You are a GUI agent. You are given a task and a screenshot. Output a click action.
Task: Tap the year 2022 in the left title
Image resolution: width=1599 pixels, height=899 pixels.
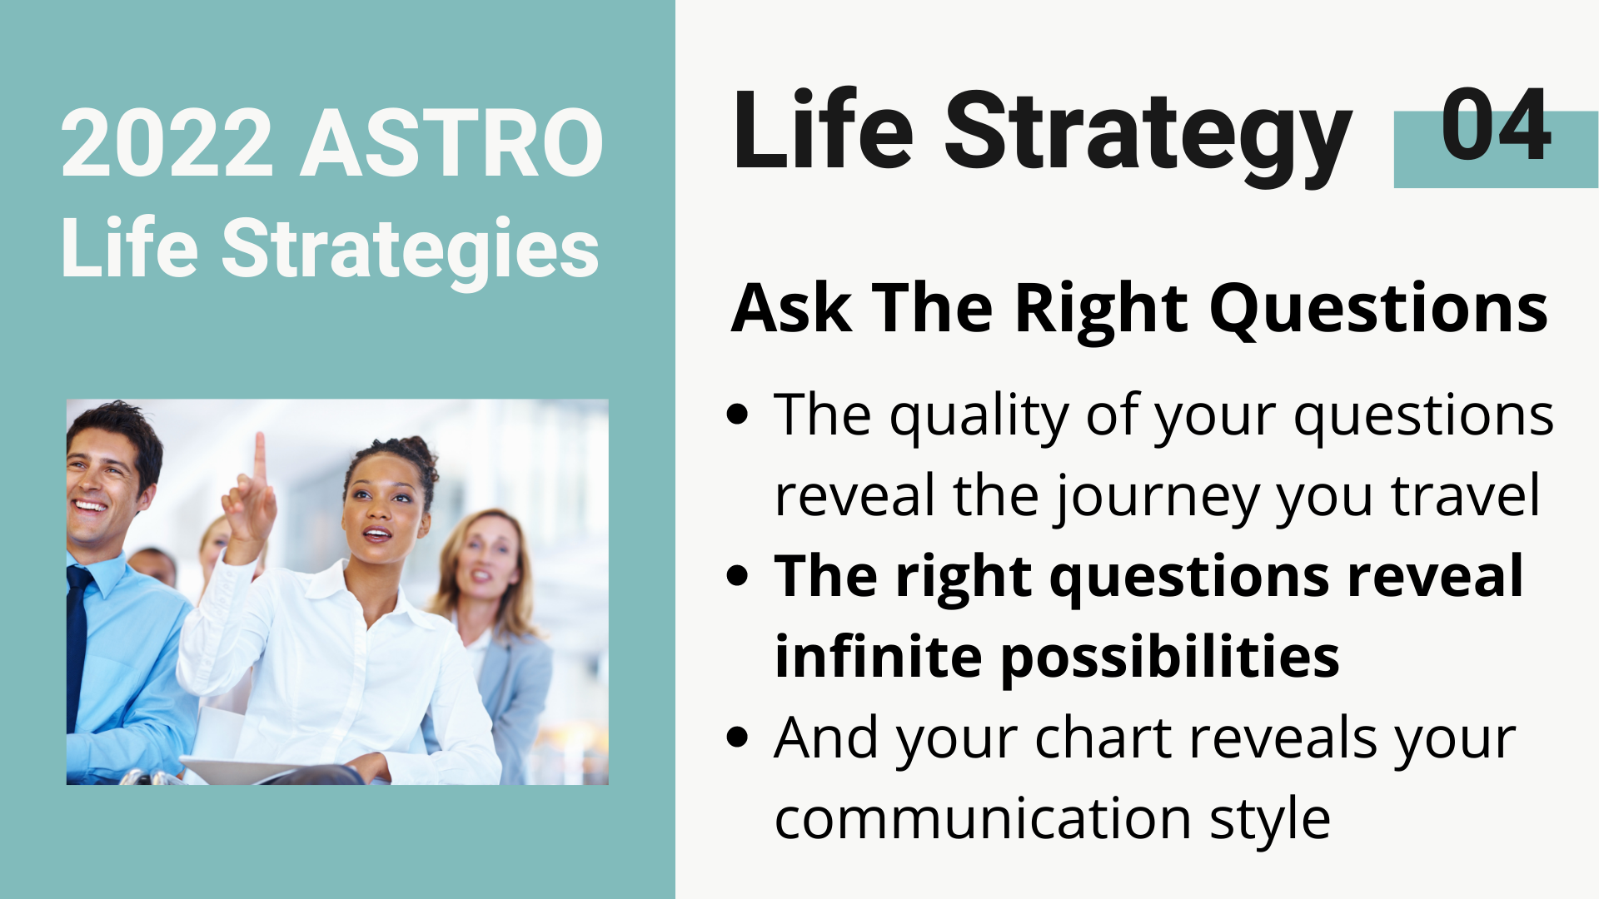click(x=167, y=143)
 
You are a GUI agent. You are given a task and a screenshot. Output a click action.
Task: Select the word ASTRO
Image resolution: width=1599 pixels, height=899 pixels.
click(x=451, y=143)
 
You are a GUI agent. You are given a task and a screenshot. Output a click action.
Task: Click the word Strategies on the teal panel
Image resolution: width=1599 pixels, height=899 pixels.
click(x=410, y=248)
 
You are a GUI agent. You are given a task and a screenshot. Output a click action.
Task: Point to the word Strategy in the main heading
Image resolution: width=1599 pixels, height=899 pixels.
click(x=1148, y=133)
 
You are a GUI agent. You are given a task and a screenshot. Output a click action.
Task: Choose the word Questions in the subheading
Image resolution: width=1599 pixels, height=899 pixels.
click(x=1378, y=310)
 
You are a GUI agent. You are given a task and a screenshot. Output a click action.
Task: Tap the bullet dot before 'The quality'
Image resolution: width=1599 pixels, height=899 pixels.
click(x=737, y=414)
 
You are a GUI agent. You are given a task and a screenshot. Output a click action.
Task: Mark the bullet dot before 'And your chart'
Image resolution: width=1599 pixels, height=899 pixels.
click(x=737, y=737)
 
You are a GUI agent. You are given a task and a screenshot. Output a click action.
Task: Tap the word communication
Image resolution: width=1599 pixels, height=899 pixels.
click(x=983, y=818)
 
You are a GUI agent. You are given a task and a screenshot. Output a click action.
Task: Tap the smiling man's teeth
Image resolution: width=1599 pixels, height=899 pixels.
click(x=90, y=505)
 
